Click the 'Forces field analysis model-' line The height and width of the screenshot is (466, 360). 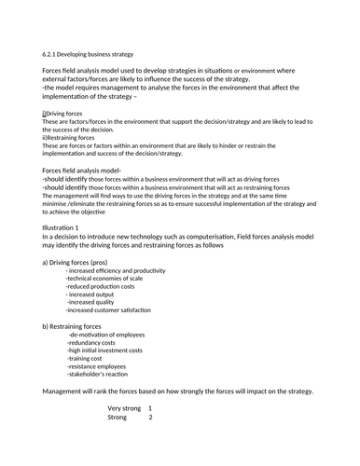tap(83, 171)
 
